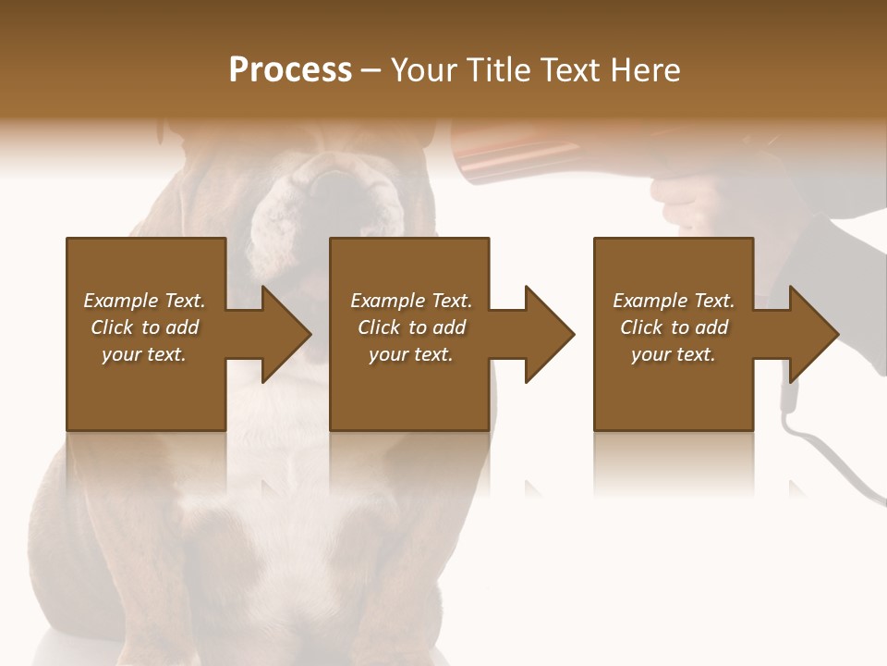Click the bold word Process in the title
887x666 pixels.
click(x=290, y=69)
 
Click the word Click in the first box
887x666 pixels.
click(x=113, y=327)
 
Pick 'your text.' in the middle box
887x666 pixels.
click(x=410, y=354)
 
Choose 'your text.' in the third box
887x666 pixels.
click(x=673, y=354)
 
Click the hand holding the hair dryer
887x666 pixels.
click(x=688, y=199)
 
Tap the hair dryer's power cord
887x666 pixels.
click(x=822, y=453)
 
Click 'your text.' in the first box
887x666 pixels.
click(x=143, y=354)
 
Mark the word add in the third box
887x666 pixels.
click(x=712, y=327)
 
